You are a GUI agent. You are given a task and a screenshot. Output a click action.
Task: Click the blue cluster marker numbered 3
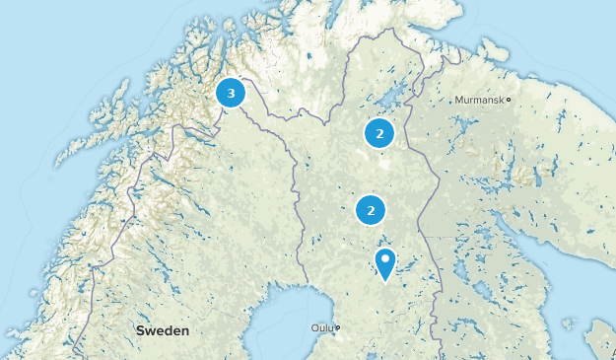231,94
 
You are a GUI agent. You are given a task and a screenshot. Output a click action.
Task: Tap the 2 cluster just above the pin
371,210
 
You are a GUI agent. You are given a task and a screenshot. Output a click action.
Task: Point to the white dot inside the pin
385,260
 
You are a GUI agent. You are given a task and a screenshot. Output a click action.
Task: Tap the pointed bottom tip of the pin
385,281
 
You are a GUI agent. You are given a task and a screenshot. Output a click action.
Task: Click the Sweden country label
163,330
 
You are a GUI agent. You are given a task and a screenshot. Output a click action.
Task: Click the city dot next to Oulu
337,328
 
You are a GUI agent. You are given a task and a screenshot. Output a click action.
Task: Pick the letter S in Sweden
141,330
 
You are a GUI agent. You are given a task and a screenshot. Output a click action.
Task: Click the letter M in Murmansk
458,100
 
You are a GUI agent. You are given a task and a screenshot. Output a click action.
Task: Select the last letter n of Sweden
185,330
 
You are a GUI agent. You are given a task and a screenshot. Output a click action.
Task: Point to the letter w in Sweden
151,330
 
